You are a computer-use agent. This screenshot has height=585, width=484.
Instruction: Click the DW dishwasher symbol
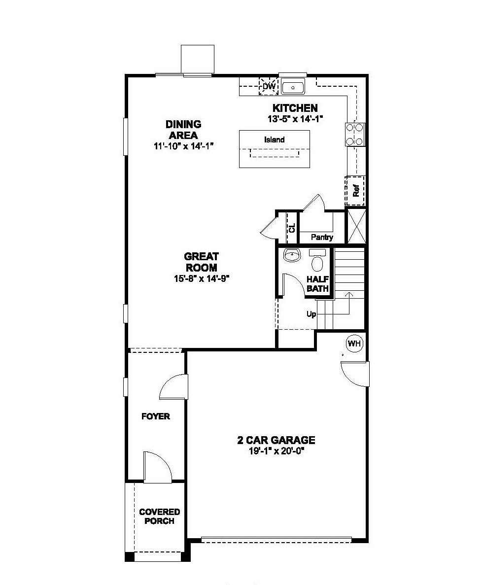[x=269, y=87]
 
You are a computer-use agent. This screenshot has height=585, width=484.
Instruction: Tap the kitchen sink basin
[x=293, y=88]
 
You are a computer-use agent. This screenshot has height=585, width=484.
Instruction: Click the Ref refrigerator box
[x=356, y=190]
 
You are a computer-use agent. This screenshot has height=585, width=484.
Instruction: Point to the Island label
[x=274, y=140]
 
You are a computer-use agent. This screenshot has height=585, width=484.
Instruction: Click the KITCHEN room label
[x=295, y=108]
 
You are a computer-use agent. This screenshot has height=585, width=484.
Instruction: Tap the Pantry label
[x=322, y=238]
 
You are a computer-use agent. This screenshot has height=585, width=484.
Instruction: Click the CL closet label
[x=292, y=228]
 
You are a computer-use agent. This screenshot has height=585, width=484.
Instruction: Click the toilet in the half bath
[x=317, y=261]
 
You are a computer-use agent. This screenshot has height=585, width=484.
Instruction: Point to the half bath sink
[x=292, y=256]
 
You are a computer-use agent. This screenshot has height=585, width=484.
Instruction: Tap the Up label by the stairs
[x=311, y=314]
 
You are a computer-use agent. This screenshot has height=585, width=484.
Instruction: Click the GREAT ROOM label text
[x=201, y=262]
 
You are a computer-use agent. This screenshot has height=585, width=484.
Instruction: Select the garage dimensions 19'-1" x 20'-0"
[x=276, y=450]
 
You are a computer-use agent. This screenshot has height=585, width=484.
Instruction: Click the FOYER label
[x=155, y=416]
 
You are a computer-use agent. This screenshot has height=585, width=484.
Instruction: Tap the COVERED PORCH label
[x=159, y=516]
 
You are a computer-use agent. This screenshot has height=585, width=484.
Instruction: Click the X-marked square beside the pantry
[x=356, y=226]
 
